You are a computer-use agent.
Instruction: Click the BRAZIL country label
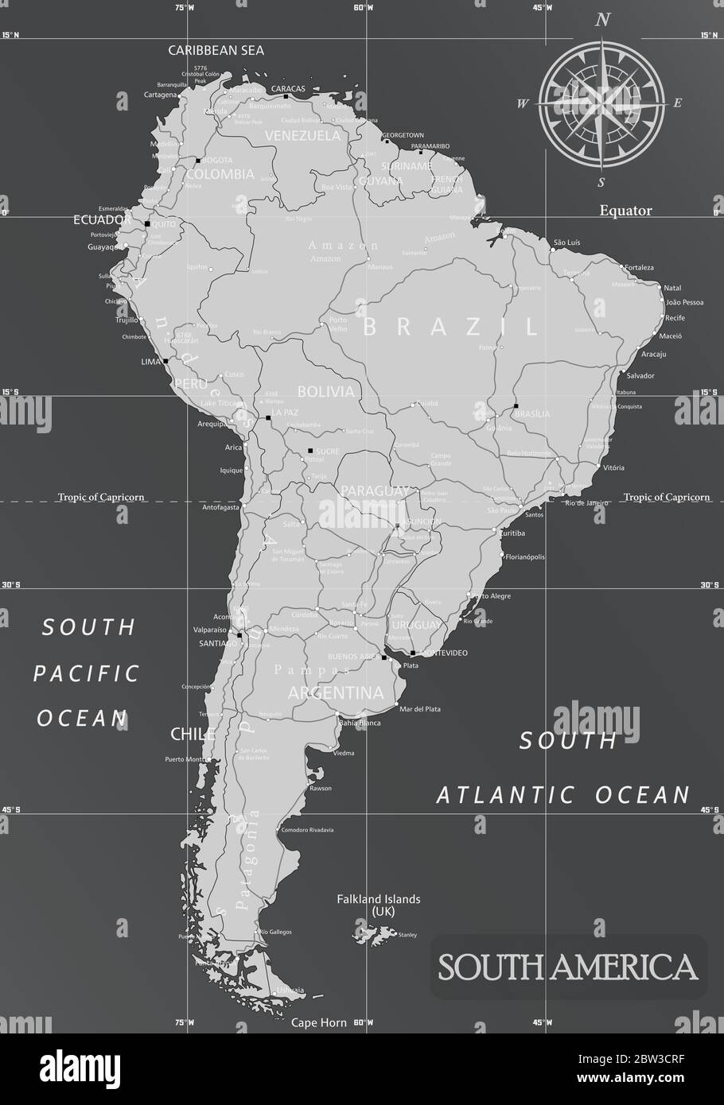450,326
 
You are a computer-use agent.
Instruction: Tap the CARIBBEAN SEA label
216,50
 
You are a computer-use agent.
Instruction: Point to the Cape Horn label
319,1023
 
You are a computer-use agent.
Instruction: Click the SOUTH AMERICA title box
568,967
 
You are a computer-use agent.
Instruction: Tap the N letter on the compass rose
603,21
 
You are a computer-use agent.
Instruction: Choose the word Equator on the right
625,211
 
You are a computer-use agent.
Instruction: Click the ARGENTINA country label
336,693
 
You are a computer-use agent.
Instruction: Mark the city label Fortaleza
639,268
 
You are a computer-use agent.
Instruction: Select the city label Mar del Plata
419,709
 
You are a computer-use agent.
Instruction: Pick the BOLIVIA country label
325,392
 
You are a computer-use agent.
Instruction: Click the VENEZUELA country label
302,135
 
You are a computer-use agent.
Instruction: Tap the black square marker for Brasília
516,406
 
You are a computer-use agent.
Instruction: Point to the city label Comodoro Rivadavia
307,830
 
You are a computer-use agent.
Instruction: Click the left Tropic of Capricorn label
100,497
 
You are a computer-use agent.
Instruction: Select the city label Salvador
640,375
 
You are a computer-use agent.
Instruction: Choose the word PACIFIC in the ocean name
86,673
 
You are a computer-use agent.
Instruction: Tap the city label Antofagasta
221,507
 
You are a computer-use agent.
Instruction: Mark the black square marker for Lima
165,361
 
